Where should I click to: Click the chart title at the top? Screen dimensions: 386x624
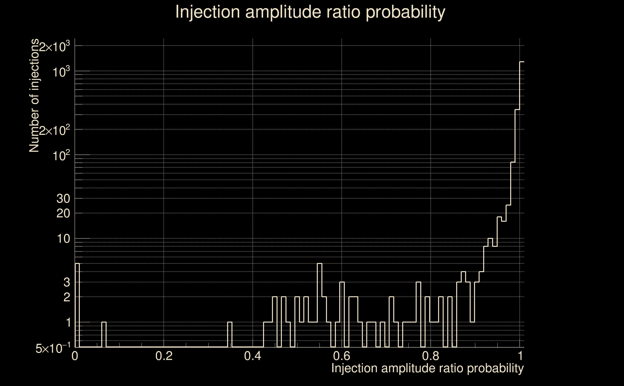click(x=310, y=12)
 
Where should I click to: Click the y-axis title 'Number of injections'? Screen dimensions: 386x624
click(x=34, y=96)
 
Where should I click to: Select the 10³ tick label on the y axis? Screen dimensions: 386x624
click(x=61, y=72)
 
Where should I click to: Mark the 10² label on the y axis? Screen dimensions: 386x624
click(x=61, y=156)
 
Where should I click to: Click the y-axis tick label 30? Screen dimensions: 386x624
click(x=63, y=199)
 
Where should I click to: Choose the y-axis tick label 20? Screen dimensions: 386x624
click(x=63, y=214)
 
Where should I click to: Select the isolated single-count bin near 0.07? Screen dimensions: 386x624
click(x=104, y=334)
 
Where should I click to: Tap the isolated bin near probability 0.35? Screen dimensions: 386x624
click(x=230, y=334)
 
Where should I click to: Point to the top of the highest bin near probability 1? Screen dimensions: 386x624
click(x=522, y=62)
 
